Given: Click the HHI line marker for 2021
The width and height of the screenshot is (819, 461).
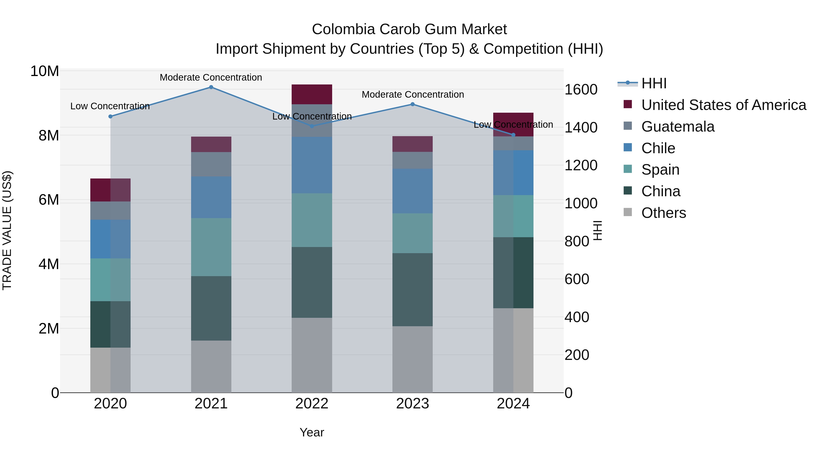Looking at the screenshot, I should (x=211, y=87).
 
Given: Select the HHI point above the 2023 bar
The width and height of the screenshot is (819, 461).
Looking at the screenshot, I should (x=412, y=104).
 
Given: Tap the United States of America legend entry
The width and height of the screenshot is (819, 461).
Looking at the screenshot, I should (x=723, y=105).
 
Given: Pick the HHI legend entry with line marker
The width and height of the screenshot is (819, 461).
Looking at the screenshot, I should (x=653, y=83).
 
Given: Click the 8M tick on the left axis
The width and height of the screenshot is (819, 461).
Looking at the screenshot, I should (x=48, y=135).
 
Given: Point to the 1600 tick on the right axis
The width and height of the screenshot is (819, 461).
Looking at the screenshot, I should (x=581, y=90).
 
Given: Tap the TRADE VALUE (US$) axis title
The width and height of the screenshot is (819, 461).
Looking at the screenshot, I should (x=7, y=230).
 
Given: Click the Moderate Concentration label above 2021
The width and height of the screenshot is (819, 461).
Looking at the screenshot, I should (x=211, y=78).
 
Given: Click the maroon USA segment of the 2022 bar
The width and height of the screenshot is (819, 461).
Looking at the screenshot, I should (x=312, y=94).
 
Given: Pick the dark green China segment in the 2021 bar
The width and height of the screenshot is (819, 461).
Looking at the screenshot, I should (x=211, y=308).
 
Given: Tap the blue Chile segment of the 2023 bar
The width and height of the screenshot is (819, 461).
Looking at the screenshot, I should (x=412, y=191).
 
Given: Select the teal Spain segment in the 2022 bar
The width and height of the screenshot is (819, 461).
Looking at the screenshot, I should (x=312, y=220).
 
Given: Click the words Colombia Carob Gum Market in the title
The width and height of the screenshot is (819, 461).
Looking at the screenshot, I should (x=409, y=29).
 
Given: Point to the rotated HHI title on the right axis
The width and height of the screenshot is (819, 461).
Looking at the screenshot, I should (x=598, y=230).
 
